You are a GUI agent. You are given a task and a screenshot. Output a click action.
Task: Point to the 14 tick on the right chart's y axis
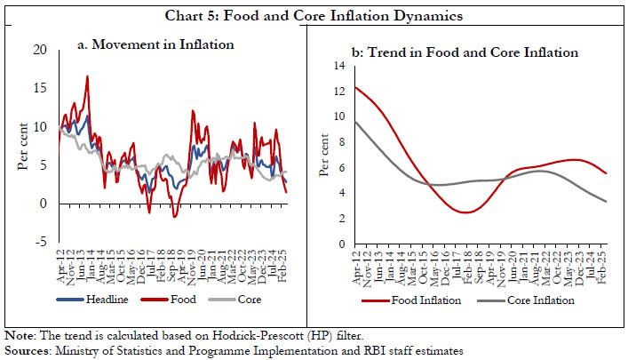tap(337, 65)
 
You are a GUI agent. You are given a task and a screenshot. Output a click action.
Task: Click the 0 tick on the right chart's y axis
tap(340, 244)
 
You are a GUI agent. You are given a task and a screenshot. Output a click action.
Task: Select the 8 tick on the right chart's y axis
tap(340, 141)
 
